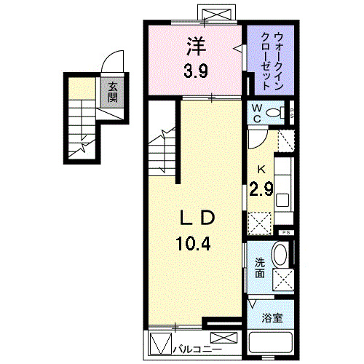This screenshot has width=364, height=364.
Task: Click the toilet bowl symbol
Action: click(275, 112)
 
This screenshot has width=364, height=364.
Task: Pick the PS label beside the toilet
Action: click(291, 112)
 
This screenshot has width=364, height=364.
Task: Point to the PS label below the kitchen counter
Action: click(287, 232)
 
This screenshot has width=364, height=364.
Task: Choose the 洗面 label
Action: click(260, 267)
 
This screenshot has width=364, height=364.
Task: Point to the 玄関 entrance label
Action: click(113, 92)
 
